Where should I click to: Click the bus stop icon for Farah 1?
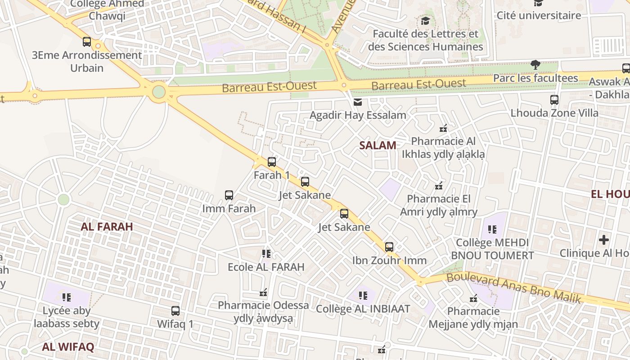click(271, 162)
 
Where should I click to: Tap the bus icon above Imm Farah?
click(229, 195)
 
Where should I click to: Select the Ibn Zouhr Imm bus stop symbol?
click(389, 247)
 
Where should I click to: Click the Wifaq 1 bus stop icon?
click(175, 311)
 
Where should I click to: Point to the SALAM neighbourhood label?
click(378, 145)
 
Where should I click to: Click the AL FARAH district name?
click(107, 227)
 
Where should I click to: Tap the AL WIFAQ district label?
click(68, 347)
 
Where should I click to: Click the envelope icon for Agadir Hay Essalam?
click(358, 102)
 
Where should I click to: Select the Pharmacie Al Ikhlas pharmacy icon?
click(443, 128)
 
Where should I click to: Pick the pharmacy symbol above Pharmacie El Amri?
click(439, 185)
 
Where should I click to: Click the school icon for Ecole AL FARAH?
click(266, 254)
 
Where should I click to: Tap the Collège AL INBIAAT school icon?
click(363, 296)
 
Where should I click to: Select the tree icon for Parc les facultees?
click(535, 65)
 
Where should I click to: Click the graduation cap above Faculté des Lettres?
click(425, 21)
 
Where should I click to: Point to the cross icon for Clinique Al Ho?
click(603, 240)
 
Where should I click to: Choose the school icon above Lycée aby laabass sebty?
click(67, 297)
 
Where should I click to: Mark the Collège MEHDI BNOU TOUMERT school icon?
click(492, 229)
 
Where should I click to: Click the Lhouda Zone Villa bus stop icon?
click(554, 100)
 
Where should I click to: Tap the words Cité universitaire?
click(539, 15)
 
